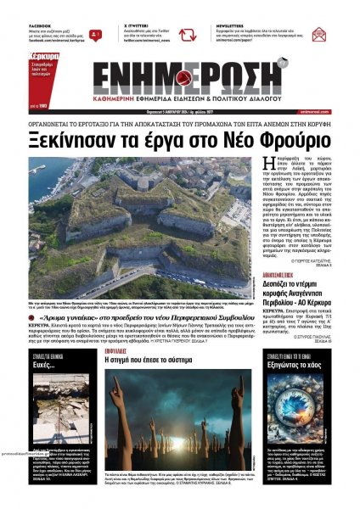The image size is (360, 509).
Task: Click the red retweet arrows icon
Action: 186,35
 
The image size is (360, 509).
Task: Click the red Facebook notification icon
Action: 95,35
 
